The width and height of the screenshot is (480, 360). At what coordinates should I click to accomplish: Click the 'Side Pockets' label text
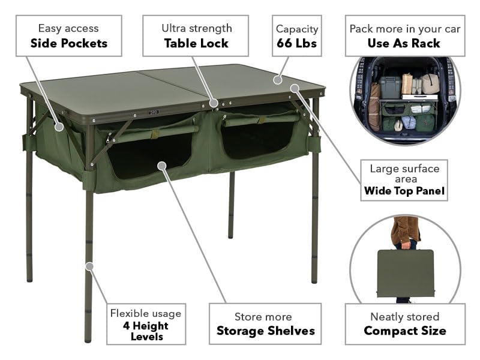[69, 43]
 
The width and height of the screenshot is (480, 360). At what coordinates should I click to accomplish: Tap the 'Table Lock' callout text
[196, 43]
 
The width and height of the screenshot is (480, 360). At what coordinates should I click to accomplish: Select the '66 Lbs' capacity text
[296, 43]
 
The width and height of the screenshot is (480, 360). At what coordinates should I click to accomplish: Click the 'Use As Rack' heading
[403, 43]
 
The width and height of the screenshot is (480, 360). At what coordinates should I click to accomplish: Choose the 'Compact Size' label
[404, 331]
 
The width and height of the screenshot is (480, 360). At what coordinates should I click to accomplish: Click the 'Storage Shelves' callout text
[265, 331]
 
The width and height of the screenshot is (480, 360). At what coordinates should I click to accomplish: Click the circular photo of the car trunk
[404, 101]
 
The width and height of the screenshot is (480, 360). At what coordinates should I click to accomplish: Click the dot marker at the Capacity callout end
[277, 79]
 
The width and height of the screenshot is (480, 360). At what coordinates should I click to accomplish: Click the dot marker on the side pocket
[59, 127]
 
